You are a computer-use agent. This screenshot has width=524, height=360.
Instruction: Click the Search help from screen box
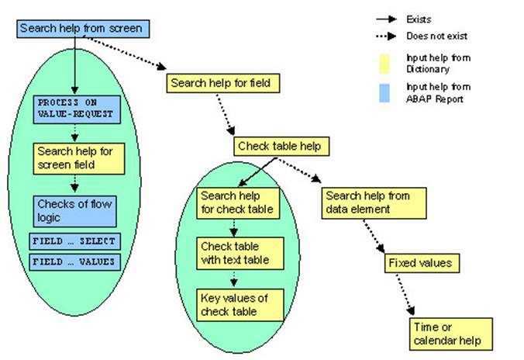(81, 29)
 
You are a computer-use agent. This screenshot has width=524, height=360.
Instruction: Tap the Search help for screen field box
(74, 158)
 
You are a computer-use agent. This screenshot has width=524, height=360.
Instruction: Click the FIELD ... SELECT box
(74, 241)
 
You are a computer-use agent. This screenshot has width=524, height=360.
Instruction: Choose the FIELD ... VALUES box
(74, 261)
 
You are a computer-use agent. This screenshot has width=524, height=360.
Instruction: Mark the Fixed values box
(419, 262)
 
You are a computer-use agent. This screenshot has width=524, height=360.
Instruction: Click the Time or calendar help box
(450, 334)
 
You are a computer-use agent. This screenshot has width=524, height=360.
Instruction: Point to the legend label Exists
(419, 19)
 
